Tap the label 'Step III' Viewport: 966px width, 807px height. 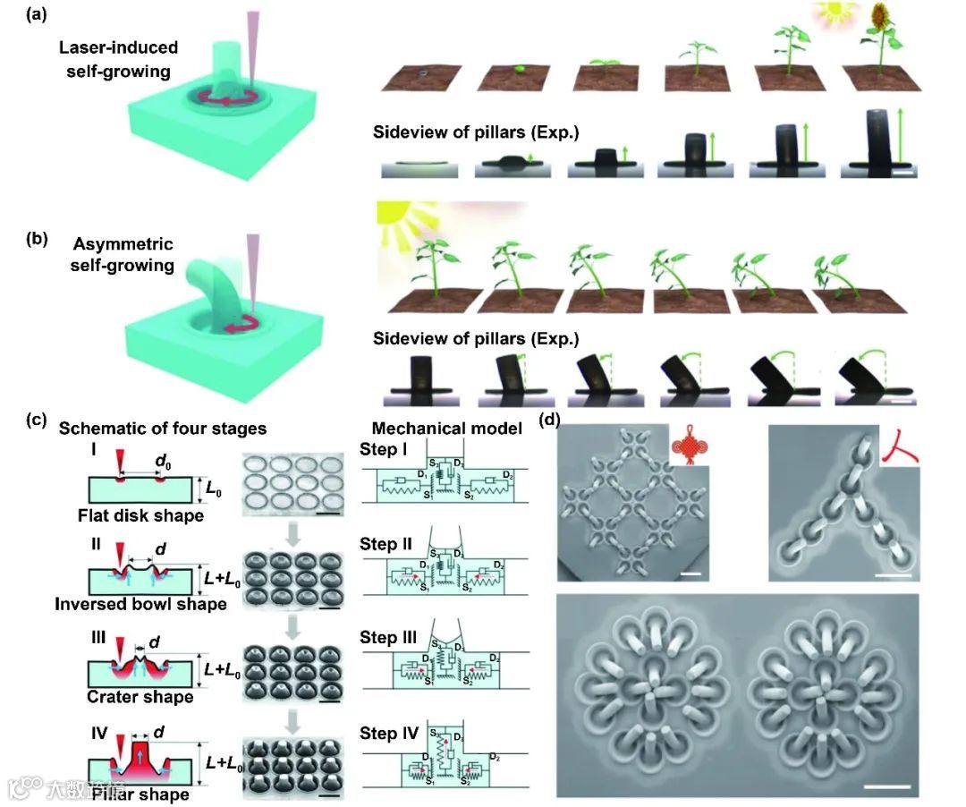tap(391, 637)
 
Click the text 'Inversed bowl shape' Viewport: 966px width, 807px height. tap(140, 603)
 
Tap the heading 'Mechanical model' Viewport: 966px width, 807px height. tap(447, 429)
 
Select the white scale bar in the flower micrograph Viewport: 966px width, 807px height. tap(887, 786)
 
